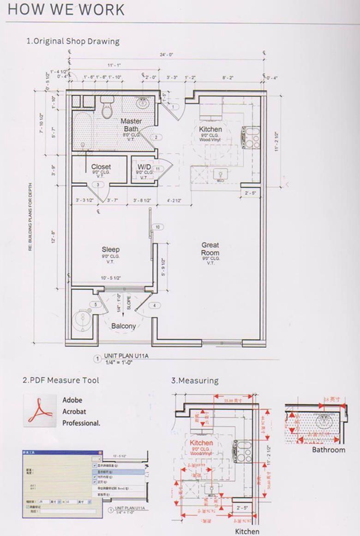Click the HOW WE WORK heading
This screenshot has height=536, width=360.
[66, 10]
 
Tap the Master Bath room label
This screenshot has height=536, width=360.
[131, 125]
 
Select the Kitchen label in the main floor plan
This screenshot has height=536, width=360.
[210, 130]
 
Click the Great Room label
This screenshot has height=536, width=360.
[210, 249]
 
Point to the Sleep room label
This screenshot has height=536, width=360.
[111, 250]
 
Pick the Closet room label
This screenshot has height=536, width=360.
[101, 167]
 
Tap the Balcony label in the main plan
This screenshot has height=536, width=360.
[124, 326]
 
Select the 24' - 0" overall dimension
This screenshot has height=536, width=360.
[166, 54]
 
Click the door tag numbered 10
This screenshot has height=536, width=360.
[157, 227]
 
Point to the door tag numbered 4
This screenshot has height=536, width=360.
[154, 305]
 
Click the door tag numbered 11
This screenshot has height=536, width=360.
[157, 169]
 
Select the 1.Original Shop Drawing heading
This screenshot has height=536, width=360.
[73, 41]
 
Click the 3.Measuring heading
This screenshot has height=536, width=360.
[194, 381]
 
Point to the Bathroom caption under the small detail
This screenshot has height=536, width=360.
[328, 450]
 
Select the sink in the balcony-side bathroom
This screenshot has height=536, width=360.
[84, 319]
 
